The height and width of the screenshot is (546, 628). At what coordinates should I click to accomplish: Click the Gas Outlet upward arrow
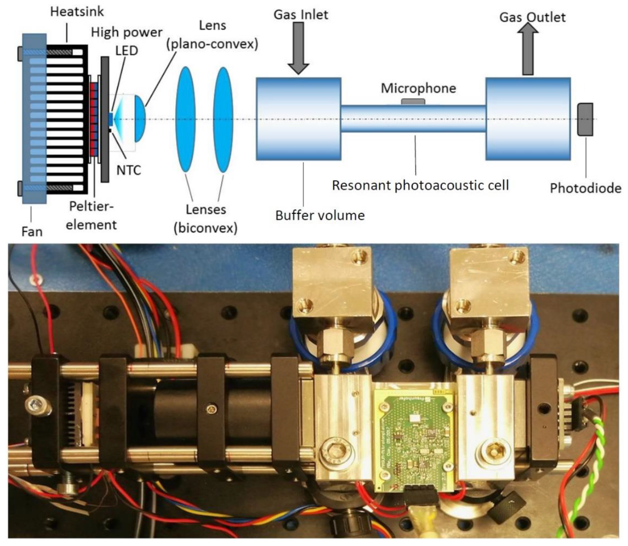click(528, 49)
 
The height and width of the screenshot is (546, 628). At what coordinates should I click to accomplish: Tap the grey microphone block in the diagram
click(413, 101)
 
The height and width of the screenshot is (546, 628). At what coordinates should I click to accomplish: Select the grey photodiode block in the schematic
click(585, 119)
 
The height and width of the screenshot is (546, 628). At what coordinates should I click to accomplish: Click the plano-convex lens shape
click(139, 119)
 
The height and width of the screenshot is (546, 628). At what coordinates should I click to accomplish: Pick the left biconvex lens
click(185, 119)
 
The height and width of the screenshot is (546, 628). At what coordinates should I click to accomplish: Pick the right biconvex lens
click(223, 119)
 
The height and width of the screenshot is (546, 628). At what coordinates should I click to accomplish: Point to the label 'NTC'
click(128, 170)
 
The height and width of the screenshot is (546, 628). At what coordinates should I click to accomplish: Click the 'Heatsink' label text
click(77, 11)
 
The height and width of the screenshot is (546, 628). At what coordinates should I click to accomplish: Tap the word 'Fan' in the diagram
click(32, 232)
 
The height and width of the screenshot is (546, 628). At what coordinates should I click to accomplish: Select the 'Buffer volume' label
click(320, 215)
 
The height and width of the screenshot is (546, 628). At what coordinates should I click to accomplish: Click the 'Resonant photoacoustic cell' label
click(420, 185)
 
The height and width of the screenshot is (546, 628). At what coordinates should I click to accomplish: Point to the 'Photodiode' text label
click(585, 188)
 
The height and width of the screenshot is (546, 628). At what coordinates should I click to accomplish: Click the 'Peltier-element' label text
click(91, 215)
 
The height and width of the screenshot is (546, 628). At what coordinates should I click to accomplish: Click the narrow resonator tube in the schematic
click(413, 119)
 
